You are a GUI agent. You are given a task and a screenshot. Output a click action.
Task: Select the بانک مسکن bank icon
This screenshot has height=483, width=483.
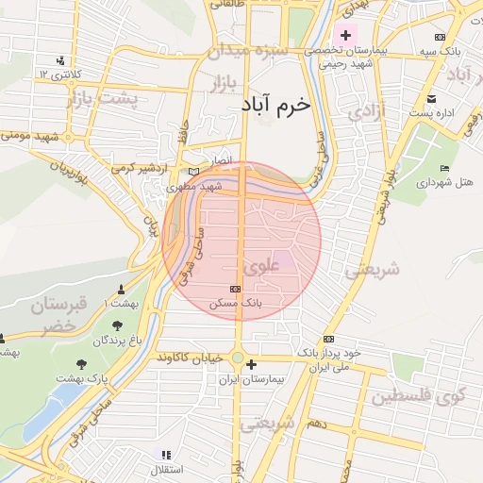[x=235, y=289]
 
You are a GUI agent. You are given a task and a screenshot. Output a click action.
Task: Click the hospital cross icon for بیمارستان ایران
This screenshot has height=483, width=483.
[x=250, y=363]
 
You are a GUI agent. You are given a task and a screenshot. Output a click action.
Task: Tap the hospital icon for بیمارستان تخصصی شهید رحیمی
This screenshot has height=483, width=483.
[x=345, y=36]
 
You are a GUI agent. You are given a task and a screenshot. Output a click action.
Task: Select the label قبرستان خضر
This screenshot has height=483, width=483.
[x=58, y=316]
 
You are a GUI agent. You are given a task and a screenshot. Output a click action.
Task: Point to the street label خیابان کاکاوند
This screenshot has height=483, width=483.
[x=190, y=358]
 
